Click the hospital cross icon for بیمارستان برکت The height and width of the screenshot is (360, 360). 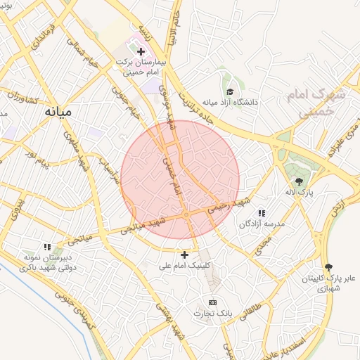141,51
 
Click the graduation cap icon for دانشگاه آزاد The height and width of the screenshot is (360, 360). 230,91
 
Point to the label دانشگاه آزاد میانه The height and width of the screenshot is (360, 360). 232,103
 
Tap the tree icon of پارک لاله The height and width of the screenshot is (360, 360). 299,181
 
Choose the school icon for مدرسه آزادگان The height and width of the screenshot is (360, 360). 262,213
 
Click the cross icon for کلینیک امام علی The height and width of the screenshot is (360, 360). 185,255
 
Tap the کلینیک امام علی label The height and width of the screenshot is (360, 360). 186,266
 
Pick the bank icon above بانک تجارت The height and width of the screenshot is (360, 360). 213,302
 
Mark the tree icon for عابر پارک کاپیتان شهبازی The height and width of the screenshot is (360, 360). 328,266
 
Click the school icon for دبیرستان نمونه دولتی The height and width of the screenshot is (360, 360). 48,247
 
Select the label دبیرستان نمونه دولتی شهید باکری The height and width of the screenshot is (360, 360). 48,262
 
